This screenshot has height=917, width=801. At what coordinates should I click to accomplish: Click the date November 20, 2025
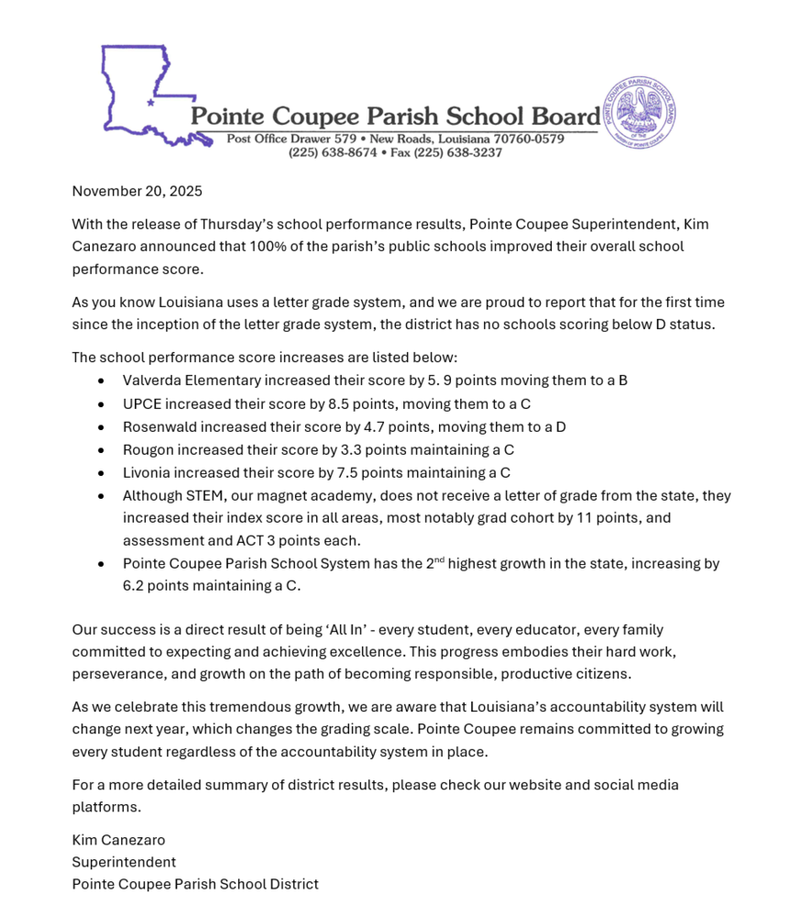coord(137,192)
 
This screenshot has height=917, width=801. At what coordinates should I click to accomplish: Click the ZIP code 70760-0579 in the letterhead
coord(529,139)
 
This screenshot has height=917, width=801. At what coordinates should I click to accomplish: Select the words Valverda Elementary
coord(192,380)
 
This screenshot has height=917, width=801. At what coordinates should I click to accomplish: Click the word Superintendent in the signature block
coord(124,862)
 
